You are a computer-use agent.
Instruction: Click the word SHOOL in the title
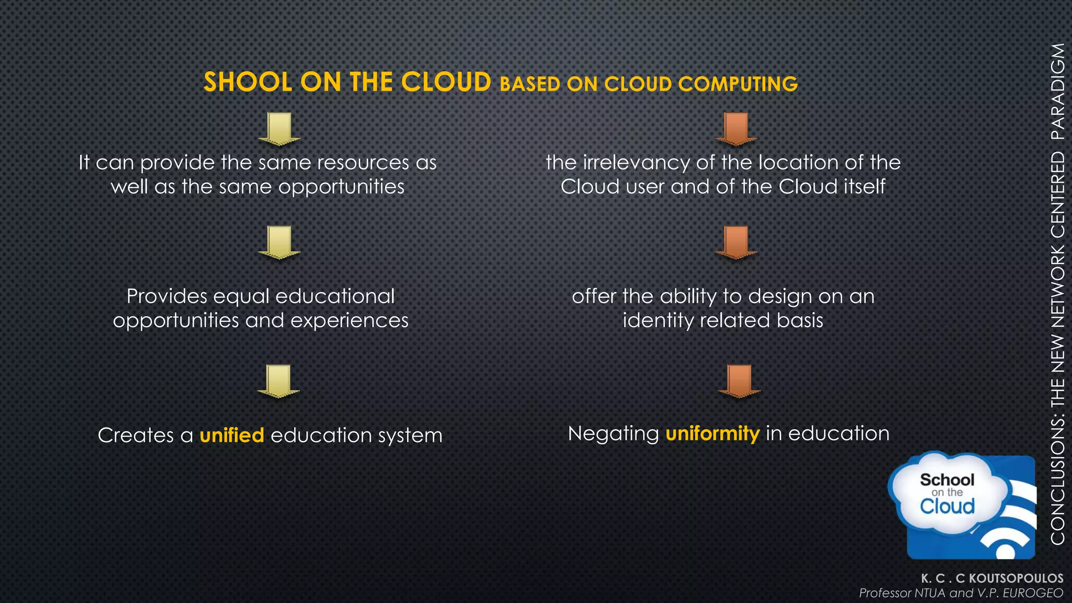pyautogui.click(x=248, y=82)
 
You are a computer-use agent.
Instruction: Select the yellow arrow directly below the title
pyautogui.click(x=279, y=129)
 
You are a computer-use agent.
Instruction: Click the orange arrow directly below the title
pyautogui.click(x=736, y=129)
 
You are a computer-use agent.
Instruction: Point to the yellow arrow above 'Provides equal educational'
pyautogui.click(x=279, y=242)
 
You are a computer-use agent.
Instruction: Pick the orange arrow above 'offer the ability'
pyautogui.click(x=736, y=242)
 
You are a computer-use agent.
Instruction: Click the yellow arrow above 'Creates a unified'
pyautogui.click(x=278, y=381)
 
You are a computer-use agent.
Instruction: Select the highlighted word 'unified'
pyautogui.click(x=232, y=435)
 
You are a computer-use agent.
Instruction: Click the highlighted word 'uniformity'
pyautogui.click(x=712, y=433)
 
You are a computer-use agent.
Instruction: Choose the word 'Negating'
pyautogui.click(x=613, y=434)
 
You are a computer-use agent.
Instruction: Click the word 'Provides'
pyautogui.click(x=167, y=297)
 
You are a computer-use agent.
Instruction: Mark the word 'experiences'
pyautogui.click(x=349, y=320)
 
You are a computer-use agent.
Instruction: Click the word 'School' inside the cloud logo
pyautogui.click(x=947, y=479)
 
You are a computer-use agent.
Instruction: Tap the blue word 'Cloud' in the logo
pyautogui.click(x=947, y=506)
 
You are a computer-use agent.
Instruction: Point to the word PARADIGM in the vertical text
pyautogui.click(x=1057, y=91)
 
